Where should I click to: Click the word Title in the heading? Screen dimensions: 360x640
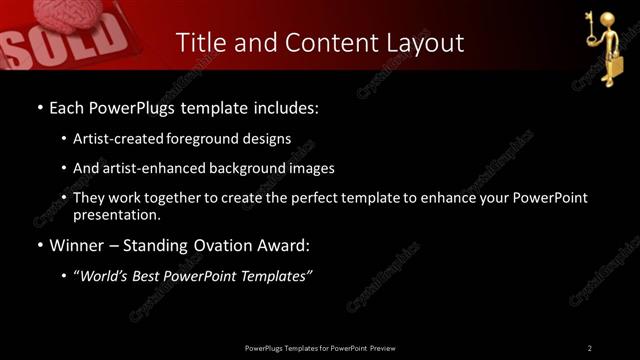coord(199,43)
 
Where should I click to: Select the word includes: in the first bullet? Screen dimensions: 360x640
coord(285,106)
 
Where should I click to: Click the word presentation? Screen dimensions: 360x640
coord(116,214)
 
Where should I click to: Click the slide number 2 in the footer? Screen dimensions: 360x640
coord(590,347)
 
